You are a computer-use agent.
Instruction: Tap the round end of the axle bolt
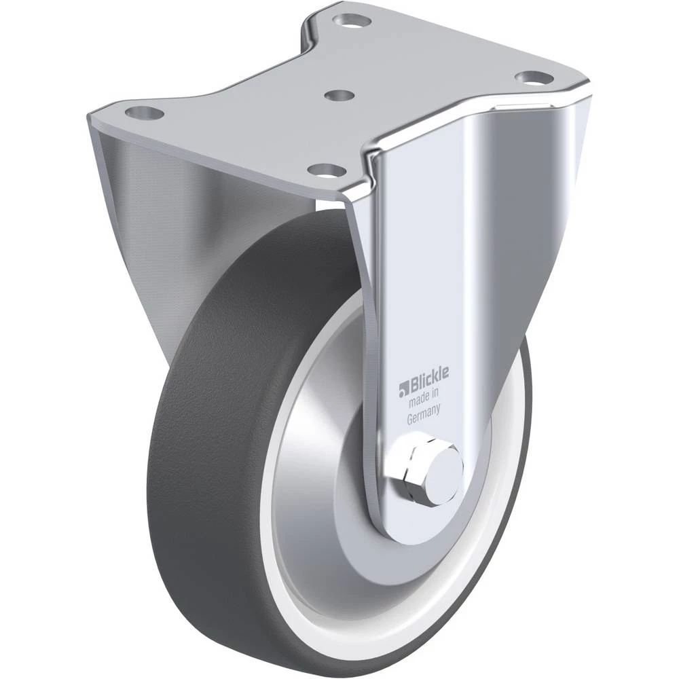pos(443,469)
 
